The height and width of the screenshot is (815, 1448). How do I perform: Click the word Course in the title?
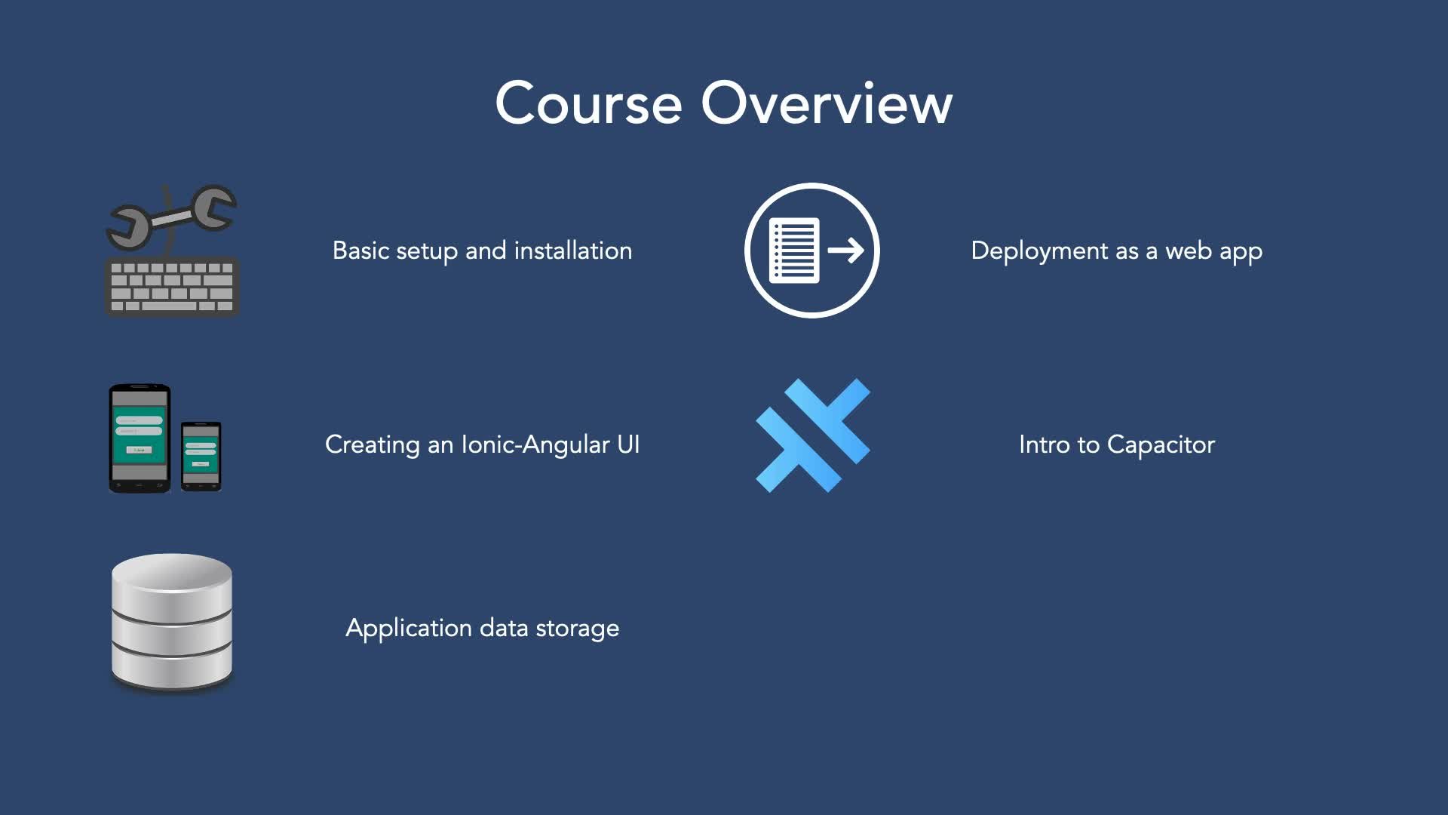pyautogui.click(x=588, y=103)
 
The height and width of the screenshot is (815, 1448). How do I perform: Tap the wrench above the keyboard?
pyautogui.click(x=172, y=217)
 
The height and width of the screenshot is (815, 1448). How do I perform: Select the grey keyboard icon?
pyautogui.click(x=172, y=287)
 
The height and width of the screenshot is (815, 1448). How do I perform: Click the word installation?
pyautogui.click(x=572, y=251)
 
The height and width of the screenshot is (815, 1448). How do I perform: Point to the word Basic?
pyautogui.click(x=360, y=251)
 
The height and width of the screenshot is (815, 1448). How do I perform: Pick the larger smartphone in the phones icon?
pyautogui.click(x=140, y=438)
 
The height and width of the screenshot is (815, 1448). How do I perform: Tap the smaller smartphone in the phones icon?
pyautogui.click(x=201, y=456)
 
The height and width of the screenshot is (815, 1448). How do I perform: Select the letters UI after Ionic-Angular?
pyautogui.click(x=628, y=444)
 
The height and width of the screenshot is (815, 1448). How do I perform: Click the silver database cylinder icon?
pyautogui.click(x=172, y=623)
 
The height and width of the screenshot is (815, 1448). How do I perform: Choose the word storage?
pyautogui.click(x=577, y=629)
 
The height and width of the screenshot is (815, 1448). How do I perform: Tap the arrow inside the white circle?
pyautogui.click(x=845, y=251)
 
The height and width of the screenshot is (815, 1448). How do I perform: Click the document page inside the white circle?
pyautogui.click(x=793, y=251)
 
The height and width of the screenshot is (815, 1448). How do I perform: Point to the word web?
pyautogui.click(x=1188, y=251)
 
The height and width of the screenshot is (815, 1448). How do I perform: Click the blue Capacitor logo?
pyautogui.click(x=813, y=435)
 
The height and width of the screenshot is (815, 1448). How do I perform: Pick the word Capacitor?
pyautogui.click(x=1161, y=445)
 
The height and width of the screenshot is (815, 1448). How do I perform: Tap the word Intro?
pyautogui.click(x=1044, y=444)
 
